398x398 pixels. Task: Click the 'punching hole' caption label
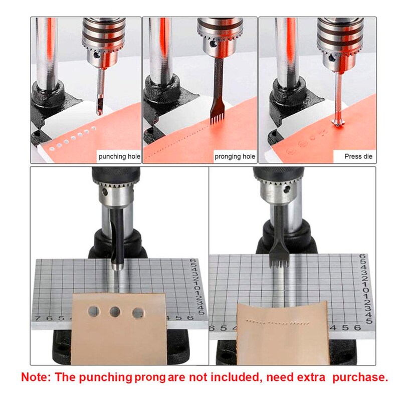pyautogui.click(x=119, y=156)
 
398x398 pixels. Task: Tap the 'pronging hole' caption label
pyautogui.click(x=235, y=156)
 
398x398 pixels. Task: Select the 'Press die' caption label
pyautogui.click(x=358, y=156)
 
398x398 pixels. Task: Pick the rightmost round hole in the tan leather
pyautogui.click(x=137, y=313)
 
